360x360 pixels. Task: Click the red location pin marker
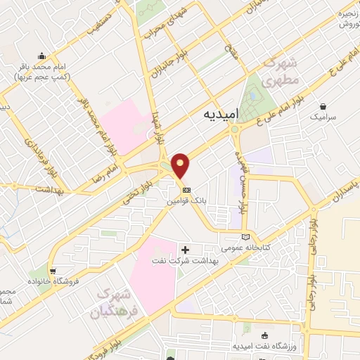coord(182,165)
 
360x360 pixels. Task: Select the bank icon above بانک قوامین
coord(186,190)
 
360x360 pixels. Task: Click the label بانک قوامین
coord(187,200)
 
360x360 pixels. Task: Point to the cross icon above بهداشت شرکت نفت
coord(186,249)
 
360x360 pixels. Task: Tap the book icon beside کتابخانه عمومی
coord(245,237)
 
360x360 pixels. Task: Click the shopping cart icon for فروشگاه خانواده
coord(53,270)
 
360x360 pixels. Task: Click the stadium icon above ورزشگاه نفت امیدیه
coord(264,336)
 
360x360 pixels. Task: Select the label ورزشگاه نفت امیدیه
coord(264,347)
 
